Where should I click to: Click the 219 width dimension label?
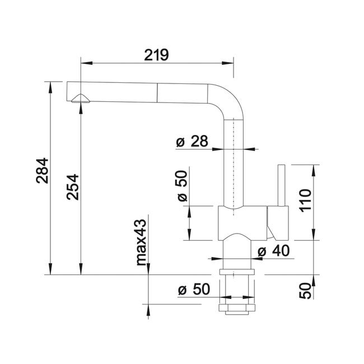(156, 55)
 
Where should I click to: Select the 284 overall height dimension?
(43, 171)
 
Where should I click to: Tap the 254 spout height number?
(73, 187)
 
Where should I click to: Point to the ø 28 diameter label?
(192, 141)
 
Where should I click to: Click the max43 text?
(141, 242)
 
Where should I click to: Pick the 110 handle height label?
(305, 200)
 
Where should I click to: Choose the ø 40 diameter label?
(274, 251)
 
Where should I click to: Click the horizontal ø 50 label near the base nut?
(194, 290)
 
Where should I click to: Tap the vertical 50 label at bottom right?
(305, 291)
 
